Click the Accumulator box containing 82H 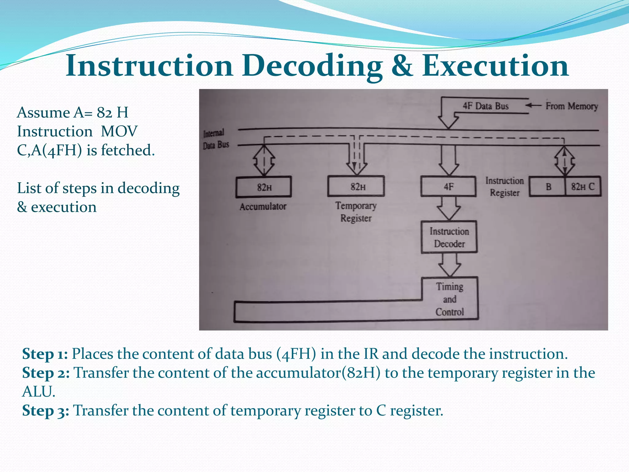tap(264, 187)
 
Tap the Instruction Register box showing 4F tap(448, 186)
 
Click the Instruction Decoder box tap(449, 237)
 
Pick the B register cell tap(548, 187)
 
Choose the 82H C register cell tap(583, 187)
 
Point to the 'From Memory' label tap(572, 106)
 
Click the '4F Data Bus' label tap(486, 106)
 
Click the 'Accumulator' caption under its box tap(263, 206)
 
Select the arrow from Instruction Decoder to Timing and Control tap(450, 265)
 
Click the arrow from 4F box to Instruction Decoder tap(449, 208)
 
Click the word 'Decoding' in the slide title tap(312, 66)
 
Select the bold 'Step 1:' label tap(45, 354)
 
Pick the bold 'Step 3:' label tap(45, 411)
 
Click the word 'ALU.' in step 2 tap(39, 392)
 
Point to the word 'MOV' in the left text tap(119, 132)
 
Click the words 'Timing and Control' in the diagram tap(450, 299)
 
